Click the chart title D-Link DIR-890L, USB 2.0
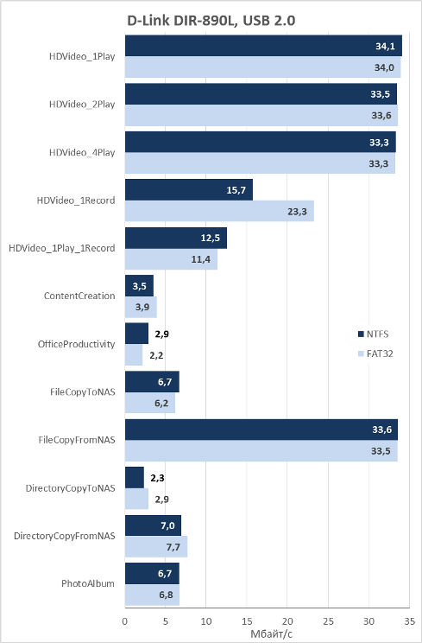[x=211, y=21]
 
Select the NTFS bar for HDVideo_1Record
[x=189, y=190]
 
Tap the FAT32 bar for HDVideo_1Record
[x=219, y=211]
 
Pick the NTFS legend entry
[x=373, y=334]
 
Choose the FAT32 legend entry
[x=375, y=353]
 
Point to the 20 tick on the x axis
[x=287, y=621]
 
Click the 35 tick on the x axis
[x=409, y=621]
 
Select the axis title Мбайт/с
[x=271, y=634]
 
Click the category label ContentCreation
[x=79, y=296]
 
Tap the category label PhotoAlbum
[x=88, y=583]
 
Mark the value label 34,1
[x=385, y=47]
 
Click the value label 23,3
[x=297, y=212]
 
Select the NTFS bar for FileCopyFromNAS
[x=261, y=430]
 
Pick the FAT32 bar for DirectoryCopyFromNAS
[x=156, y=546]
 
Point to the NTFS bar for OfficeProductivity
[x=136, y=334]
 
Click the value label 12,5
[x=211, y=238]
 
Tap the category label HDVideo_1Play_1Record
[x=62, y=248]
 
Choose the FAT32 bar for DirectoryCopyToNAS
[x=136, y=499]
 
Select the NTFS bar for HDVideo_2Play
[x=261, y=94]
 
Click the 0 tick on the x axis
[x=125, y=621]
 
